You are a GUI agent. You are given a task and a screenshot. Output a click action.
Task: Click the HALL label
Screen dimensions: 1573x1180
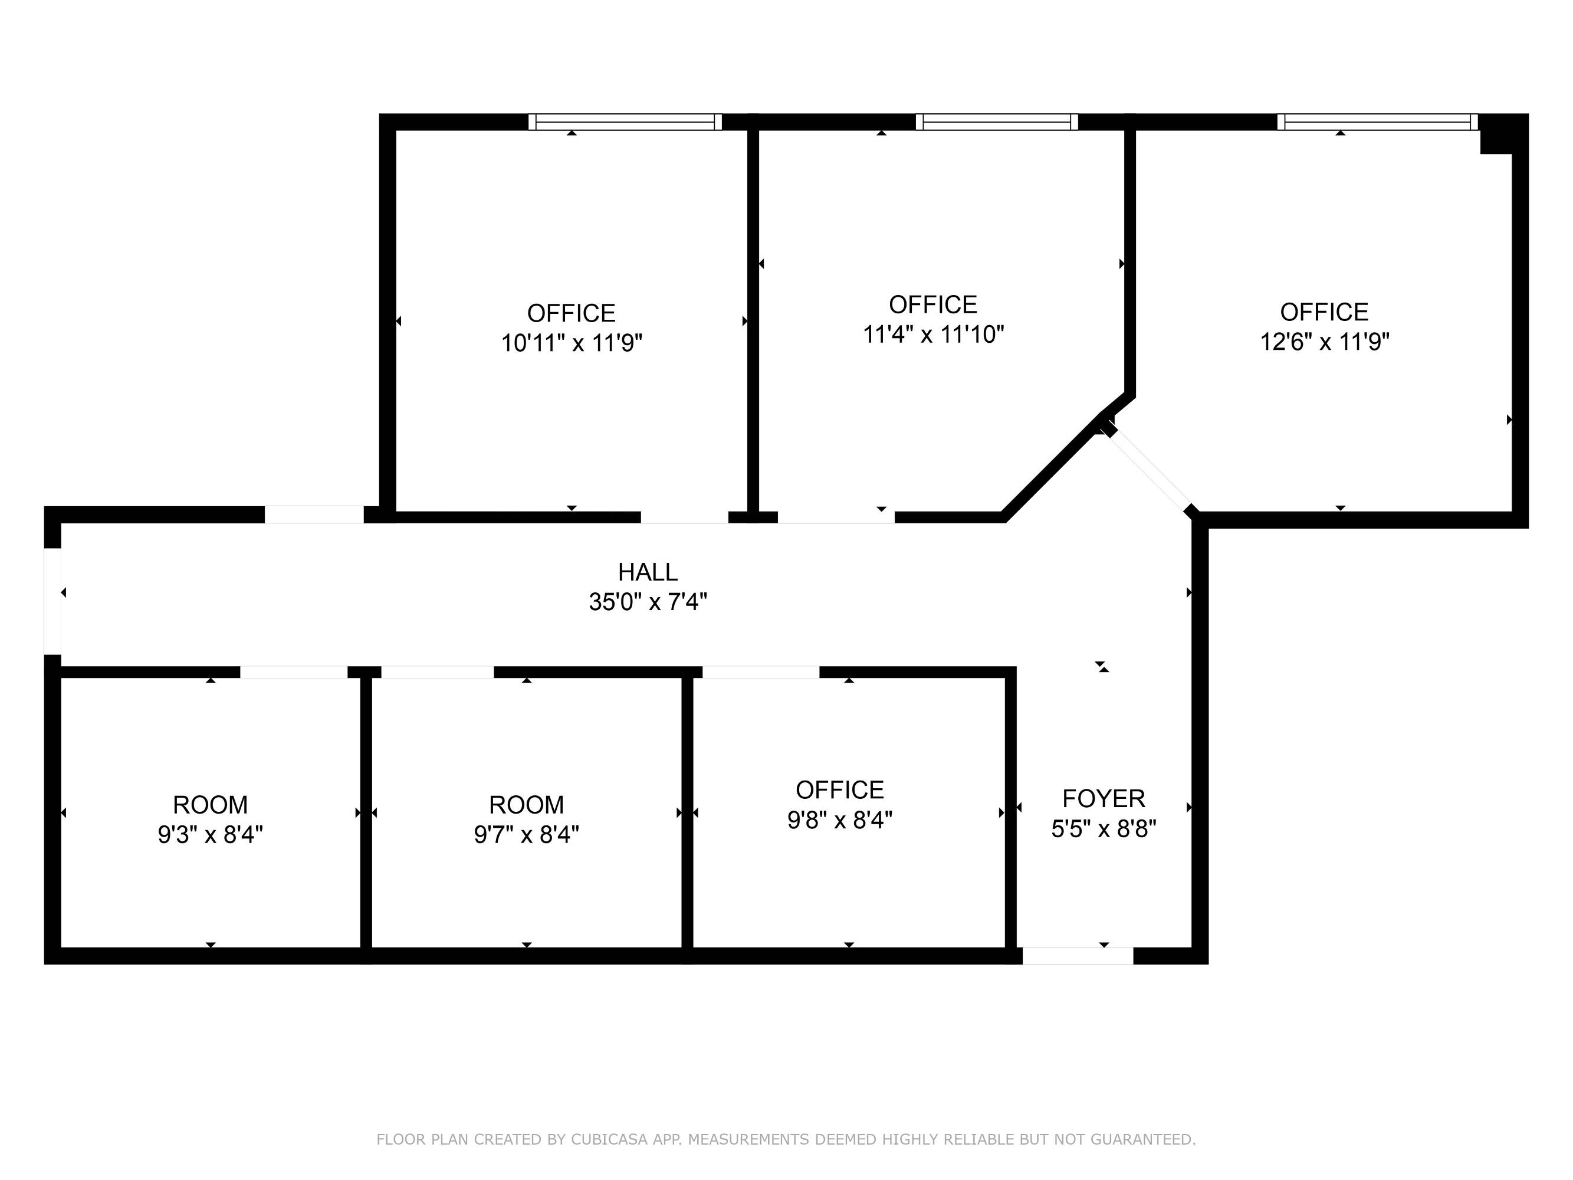click(x=647, y=572)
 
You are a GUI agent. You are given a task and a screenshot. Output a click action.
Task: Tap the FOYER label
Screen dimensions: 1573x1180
click(x=1104, y=799)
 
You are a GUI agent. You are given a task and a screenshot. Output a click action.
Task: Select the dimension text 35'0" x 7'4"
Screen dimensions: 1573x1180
click(x=647, y=602)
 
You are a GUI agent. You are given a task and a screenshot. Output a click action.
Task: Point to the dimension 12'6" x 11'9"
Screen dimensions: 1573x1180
click(x=1324, y=342)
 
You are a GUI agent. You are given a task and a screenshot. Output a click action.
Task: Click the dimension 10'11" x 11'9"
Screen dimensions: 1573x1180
click(x=572, y=343)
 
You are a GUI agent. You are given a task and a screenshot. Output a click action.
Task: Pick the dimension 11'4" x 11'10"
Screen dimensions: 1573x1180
click(x=933, y=335)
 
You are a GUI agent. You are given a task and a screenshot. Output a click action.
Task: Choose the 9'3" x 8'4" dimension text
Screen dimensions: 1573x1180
click(x=211, y=834)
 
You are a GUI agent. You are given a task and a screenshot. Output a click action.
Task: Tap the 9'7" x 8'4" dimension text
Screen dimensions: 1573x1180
click(x=526, y=834)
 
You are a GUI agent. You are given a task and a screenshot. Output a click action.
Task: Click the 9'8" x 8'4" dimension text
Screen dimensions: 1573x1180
click(x=840, y=820)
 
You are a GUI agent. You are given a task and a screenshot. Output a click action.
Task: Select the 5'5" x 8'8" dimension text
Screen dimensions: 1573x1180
click(x=1104, y=828)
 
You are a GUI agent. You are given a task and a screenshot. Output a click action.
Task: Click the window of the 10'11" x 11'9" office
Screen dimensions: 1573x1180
click(x=625, y=122)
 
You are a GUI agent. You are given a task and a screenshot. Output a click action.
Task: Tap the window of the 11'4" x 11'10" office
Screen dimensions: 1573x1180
click(x=996, y=122)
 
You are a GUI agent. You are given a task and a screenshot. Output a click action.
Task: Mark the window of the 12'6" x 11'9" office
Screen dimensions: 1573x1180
click(x=1377, y=122)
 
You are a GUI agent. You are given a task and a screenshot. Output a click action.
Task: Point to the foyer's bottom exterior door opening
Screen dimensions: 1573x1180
click(x=1078, y=956)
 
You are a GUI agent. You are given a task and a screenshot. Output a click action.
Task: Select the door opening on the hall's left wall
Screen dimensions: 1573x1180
click(x=52, y=601)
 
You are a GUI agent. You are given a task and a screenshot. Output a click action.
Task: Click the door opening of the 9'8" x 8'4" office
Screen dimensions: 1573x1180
click(x=761, y=672)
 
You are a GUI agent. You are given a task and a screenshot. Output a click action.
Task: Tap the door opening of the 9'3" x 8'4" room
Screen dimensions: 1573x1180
click(x=294, y=672)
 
